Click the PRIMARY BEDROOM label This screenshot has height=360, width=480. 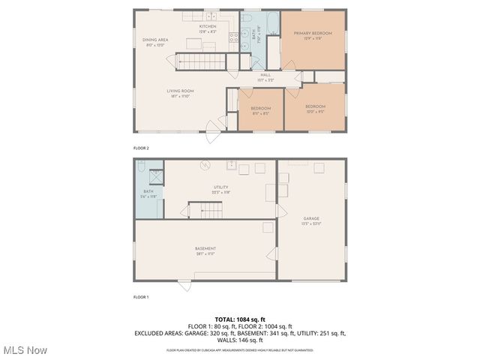point(313,34)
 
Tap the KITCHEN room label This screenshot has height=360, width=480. point(208,27)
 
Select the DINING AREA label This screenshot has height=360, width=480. point(155,40)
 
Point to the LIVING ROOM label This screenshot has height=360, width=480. point(180,91)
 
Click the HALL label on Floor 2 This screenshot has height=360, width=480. point(265,75)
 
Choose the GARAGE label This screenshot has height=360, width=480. point(311,219)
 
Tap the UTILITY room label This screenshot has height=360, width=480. point(220,187)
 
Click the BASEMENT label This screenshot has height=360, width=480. point(205,249)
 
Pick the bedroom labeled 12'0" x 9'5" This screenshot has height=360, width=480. point(315,107)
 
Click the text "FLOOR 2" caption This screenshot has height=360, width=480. point(141,148)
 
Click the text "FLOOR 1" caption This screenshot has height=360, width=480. point(141,297)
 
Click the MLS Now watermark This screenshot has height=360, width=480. point(24,349)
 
